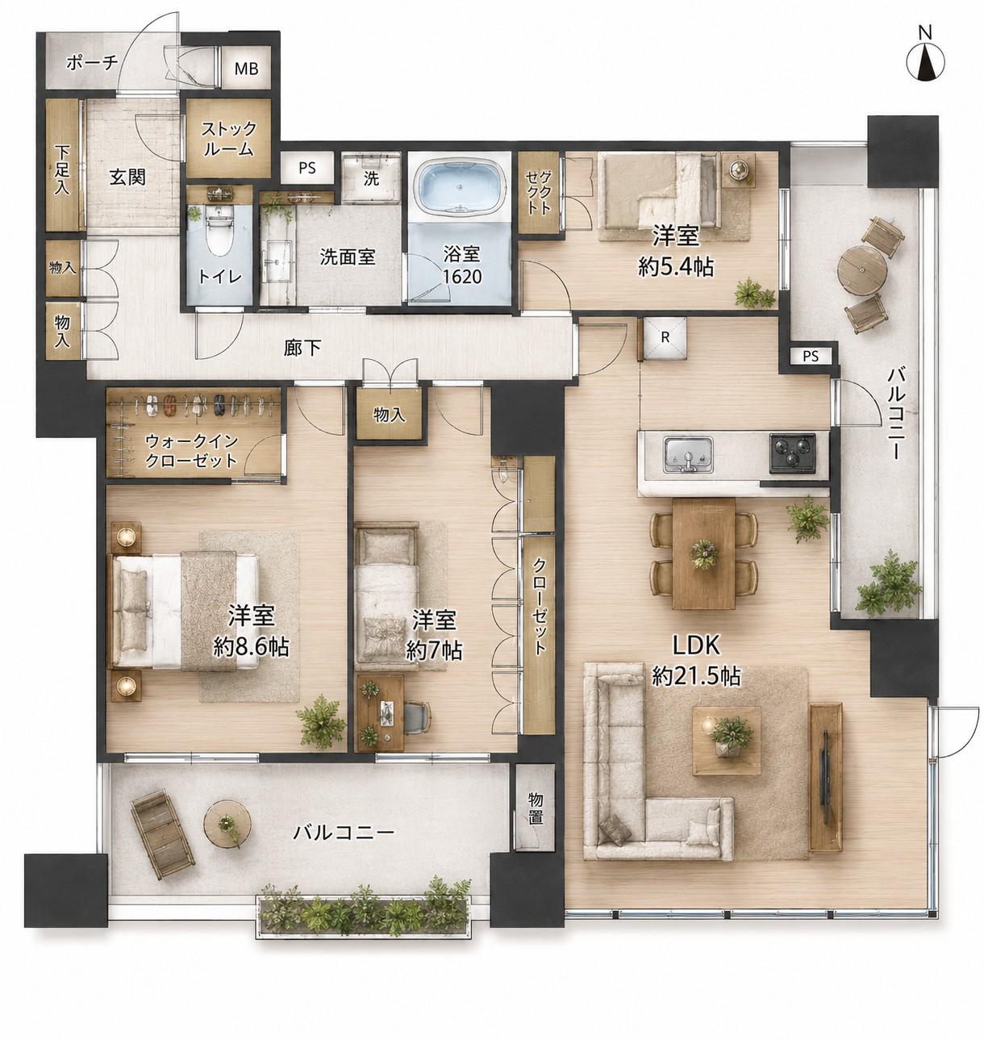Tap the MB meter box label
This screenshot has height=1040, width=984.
coord(246,69)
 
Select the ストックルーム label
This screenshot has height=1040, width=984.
coord(229,139)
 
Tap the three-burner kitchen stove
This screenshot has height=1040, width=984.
coord(791,453)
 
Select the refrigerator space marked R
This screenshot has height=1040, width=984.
coord(665,337)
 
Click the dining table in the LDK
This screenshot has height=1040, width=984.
coord(703,553)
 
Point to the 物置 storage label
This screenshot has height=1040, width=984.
coord(535,808)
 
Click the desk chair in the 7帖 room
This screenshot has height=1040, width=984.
coord(416,718)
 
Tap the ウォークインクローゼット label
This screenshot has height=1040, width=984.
coord(191,451)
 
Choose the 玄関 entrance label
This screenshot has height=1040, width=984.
coord(127,178)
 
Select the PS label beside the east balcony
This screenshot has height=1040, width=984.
coord(810,357)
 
